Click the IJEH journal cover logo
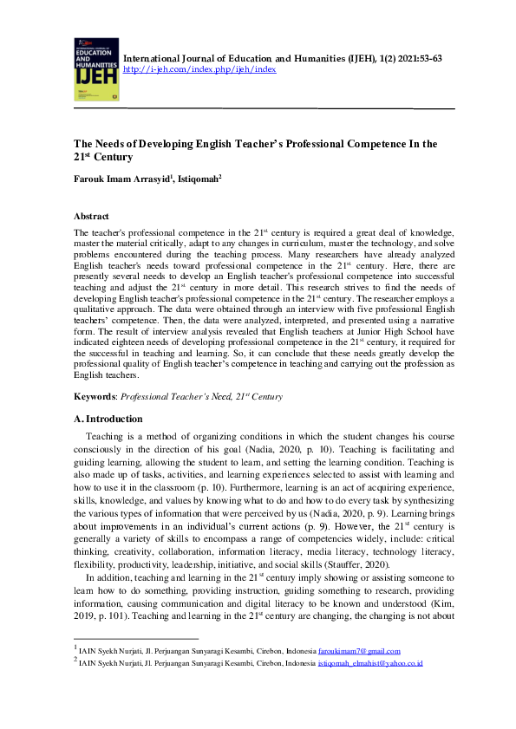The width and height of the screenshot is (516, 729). [93, 69]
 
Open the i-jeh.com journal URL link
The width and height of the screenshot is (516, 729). [200, 69]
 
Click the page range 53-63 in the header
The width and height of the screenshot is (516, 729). [426, 57]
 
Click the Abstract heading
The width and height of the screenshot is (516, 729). [91, 217]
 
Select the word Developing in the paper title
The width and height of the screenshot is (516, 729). [166, 144]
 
